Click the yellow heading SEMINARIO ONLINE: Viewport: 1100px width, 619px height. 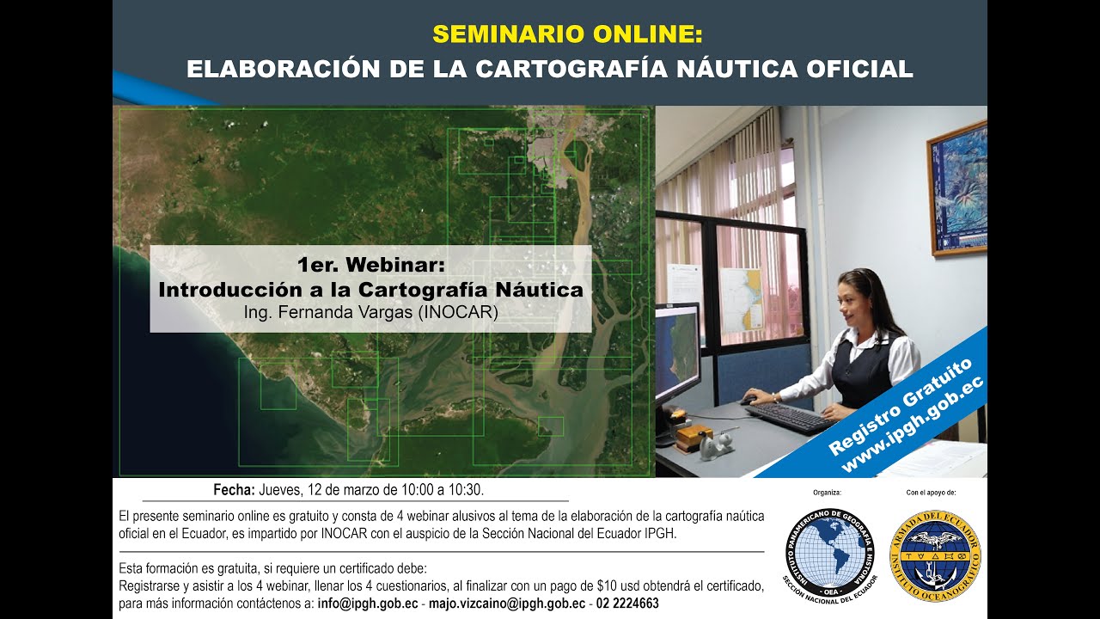coord(567,34)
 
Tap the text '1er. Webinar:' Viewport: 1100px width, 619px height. coord(371,265)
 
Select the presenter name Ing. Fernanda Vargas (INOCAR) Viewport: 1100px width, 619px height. coord(371,313)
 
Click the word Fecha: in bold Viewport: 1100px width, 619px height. coord(234,490)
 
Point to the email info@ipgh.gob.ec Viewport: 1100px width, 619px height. coord(368,604)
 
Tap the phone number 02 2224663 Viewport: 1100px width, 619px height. coord(628,604)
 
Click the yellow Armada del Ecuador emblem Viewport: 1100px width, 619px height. coord(934,555)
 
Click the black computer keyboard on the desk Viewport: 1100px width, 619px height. coord(789,418)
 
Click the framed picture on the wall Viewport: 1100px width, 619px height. coord(957,187)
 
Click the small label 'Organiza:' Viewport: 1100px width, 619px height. coord(826,493)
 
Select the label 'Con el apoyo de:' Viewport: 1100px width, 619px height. coord(931,493)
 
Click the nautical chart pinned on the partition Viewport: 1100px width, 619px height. coord(740,299)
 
